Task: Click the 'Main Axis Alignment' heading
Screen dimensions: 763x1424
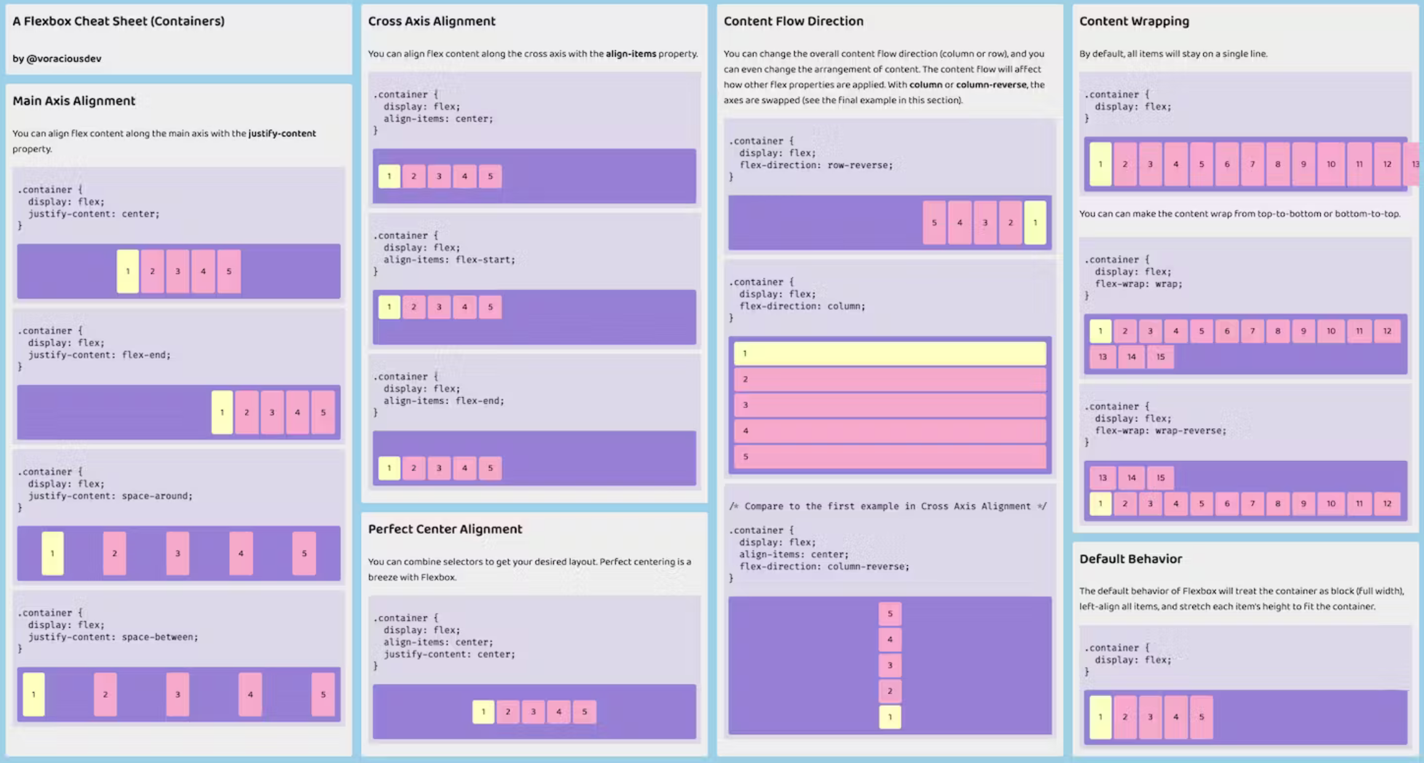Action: pos(74,101)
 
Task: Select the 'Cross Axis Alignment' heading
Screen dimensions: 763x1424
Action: pos(431,21)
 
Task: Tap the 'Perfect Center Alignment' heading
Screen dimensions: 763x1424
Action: pos(445,529)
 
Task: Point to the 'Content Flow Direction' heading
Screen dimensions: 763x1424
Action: pos(793,21)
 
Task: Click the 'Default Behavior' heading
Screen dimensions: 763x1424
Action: pos(1130,558)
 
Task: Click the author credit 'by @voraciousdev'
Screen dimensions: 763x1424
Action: pos(57,58)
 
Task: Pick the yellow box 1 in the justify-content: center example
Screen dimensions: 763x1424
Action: pos(128,271)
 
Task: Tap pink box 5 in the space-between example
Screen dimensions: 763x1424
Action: pos(323,694)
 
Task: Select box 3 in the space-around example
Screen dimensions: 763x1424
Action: pos(178,553)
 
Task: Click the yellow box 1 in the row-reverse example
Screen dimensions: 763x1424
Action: pos(1035,222)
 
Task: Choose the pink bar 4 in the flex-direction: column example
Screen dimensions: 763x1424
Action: pos(889,431)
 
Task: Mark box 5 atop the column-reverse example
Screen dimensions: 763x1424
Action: pos(889,614)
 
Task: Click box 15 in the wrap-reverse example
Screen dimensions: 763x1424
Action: pos(1160,477)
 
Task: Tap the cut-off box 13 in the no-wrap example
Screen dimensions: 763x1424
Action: pos(1414,164)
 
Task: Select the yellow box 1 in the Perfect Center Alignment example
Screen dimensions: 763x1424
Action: pos(483,711)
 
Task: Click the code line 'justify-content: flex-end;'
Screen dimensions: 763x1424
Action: pos(99,354)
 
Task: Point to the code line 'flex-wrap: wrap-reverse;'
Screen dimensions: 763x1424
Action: pos(1160,431)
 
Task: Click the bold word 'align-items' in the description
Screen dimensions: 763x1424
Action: pos(631,53)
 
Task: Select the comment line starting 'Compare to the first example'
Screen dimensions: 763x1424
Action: pos(887,506)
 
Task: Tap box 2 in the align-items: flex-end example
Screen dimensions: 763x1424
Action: pos(414,468)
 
